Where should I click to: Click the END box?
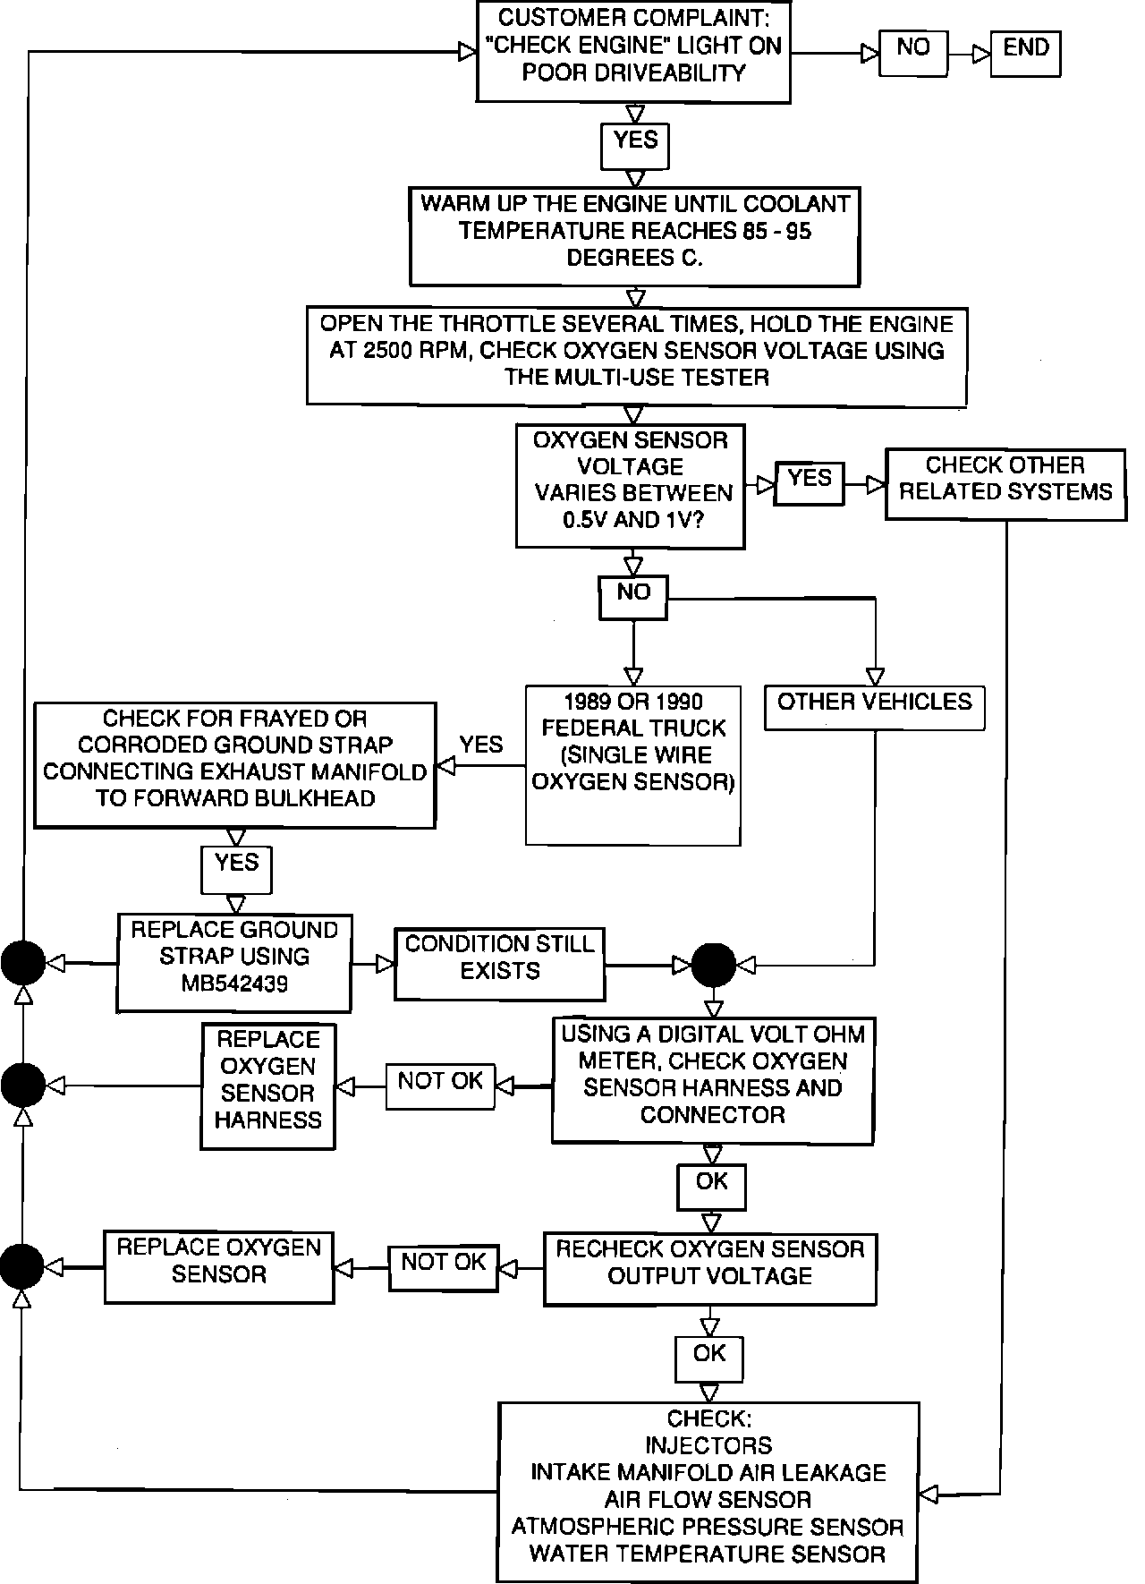coord(1025,53)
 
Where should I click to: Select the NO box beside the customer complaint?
coord(912,53)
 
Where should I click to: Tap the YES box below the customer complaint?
coord(635,146)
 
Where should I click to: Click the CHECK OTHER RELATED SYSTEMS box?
coord(1005,484)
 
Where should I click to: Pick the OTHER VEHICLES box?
coord(874,708)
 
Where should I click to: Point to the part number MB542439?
coord(234,984)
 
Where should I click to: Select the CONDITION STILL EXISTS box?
coord(499,963)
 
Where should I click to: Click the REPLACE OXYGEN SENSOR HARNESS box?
coord(267,1086)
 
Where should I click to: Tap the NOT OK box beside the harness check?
coord(440,1086)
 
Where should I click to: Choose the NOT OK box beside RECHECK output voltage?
coord(443,1267)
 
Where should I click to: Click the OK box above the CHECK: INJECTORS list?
coord(708,1359)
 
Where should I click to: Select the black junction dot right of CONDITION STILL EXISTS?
coord(714,965)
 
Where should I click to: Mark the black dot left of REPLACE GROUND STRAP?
coord(22,963)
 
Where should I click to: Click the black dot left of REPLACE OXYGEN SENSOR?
coord(21,1267)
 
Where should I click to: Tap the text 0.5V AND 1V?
coord(632,520)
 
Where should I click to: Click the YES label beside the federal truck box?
coord(481,745)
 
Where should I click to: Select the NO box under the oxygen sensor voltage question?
coord(632,597)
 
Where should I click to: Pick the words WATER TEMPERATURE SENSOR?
coord(707,1554)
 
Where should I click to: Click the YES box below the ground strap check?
coord(236,869)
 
